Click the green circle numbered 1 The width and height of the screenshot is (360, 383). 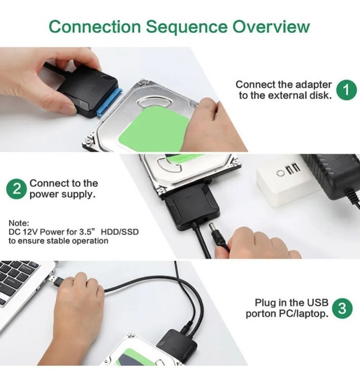click(x=347, y=90)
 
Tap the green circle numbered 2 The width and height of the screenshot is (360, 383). click(x=16, y=189)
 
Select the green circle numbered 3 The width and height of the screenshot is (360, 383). click(x=343, y=308)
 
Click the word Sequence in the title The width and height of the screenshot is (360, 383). click(x=187, y=27)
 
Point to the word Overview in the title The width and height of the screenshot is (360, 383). click(x=271, y=26)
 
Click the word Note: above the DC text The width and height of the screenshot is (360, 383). click(x=19, y=223)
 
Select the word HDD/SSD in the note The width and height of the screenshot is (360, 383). click(x=120, y=232)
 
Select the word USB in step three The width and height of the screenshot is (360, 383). click(x=317, y=303)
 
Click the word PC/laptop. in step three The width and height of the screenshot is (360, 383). click(x=303, y=314)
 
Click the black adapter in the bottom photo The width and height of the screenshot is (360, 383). click(x=177, y=345)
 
